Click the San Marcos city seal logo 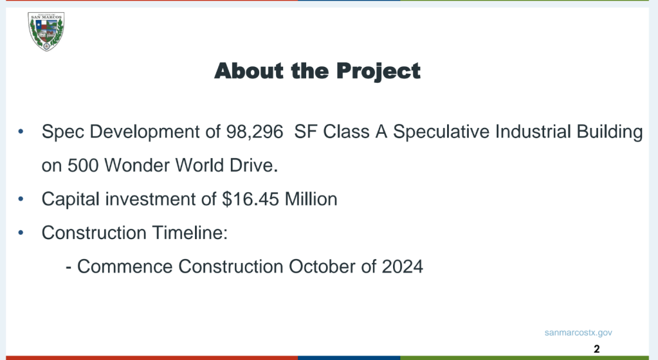coord(46,32)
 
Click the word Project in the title coord(378,71)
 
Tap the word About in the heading coord(249,71)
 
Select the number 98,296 coord(255,132)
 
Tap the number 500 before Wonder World coord(83,165)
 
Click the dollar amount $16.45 coord(250,199)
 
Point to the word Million coord(311,199)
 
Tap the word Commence coord(125,267)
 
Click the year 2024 coord(403,267)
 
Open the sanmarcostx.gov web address coord(578,333)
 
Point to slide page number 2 coord(597,348)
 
